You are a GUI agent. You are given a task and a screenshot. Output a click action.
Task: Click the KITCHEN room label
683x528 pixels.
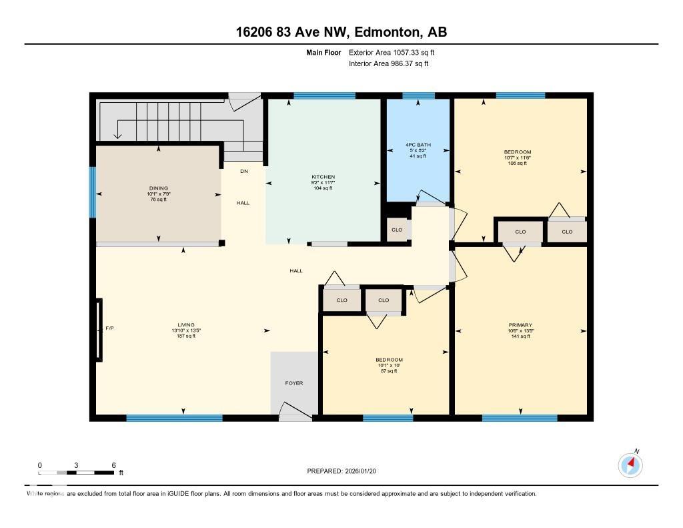click(x=323, y=177)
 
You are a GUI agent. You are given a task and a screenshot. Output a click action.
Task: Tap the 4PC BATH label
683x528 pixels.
click(x=418, y=146)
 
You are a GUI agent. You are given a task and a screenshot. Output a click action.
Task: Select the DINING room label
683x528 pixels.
click(x=159, y=188)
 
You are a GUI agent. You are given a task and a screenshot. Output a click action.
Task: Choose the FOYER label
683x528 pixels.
click(x=294, y=383)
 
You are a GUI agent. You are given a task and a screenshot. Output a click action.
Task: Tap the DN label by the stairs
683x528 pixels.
click(x=244, y=172)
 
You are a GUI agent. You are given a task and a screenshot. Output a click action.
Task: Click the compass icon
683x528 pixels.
click(x=630, y=465)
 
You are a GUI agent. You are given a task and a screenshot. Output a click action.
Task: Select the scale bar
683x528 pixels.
click(x=76, y=473)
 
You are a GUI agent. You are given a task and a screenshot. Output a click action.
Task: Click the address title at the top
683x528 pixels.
click(x=341, y=33)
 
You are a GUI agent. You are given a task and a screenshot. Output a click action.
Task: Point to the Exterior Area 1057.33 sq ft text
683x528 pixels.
click(x=392, y=52)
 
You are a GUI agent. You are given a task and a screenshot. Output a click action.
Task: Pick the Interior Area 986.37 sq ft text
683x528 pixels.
click(x=388, y=64)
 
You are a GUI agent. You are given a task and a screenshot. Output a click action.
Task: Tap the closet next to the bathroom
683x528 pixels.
click(x=397, y=230)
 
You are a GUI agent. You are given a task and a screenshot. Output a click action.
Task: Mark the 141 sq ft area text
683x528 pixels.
click(x=520, y=336)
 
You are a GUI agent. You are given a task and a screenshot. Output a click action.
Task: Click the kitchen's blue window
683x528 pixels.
click(x=324, y=95)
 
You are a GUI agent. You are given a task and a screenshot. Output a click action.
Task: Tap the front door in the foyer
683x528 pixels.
click(x=294, y=413)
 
